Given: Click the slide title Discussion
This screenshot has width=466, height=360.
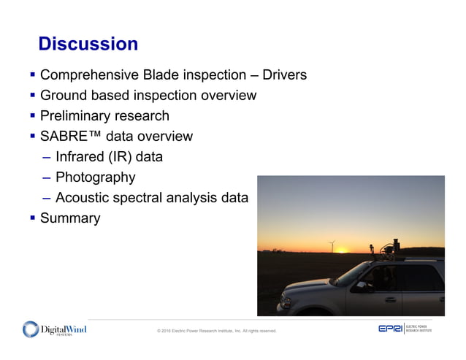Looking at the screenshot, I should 88,45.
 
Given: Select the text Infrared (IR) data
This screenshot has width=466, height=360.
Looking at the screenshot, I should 109,157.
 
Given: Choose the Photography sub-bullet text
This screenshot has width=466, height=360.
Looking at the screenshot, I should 95,177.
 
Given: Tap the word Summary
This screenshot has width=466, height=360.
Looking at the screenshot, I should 70,218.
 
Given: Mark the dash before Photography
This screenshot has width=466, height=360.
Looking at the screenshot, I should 47,177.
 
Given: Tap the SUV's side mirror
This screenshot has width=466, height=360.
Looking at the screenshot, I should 360,286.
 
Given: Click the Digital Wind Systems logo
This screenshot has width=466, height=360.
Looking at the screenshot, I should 54,330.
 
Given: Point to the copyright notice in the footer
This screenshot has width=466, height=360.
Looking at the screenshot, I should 217,331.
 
